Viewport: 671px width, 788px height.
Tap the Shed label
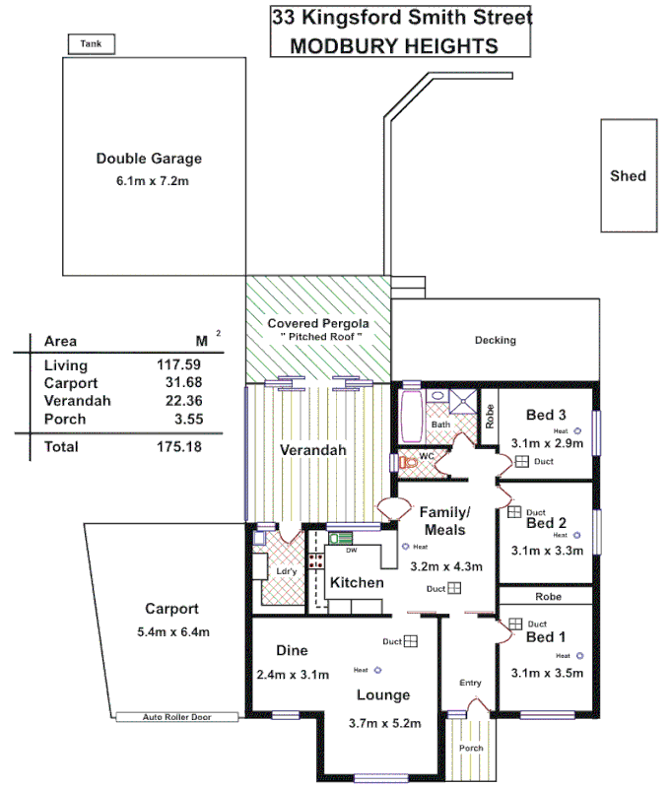[x=628, y=175]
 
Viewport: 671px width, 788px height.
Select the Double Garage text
[x=149, y=159]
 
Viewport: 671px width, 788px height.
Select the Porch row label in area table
[x=65, y=419]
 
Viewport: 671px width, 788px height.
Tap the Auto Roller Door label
[x=177, y=717]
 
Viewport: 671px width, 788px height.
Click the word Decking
[x=495, y=341]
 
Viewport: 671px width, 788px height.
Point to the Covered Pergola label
[x=318, y=323]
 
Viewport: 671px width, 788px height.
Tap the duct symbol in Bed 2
[x=513, y=512]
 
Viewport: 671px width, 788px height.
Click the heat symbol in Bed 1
[x=580, y=655]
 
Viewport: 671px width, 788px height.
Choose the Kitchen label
[x=356, y=582]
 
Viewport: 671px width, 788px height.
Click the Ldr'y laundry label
[x=287, y=572]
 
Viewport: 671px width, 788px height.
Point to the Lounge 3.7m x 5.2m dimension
[x=383, y=723]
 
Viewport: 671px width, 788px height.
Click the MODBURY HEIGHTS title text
[x=393, y=45]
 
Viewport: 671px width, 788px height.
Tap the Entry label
[x=470, y=683]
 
